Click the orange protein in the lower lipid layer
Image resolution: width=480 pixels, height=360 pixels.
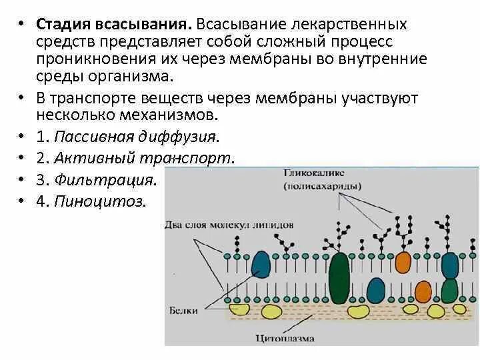pos(423,291)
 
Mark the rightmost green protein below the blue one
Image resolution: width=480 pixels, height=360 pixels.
pos(449,289)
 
